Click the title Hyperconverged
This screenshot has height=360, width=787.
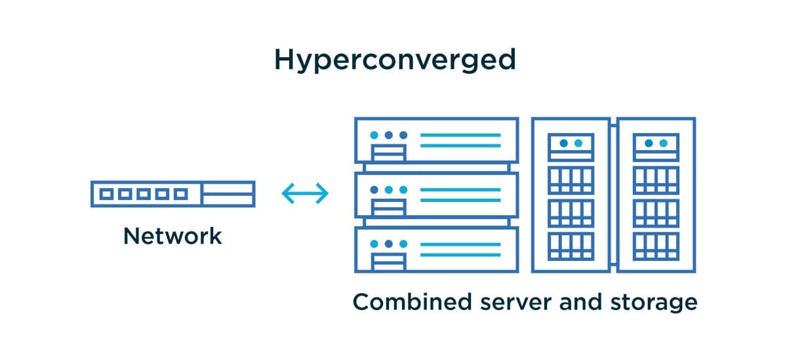pyautogui.click(x=395, y=60)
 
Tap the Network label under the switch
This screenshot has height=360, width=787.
pyautogui.click(x=172, y=236)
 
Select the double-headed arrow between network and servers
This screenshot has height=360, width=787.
pyautogui.click(x=304, y=193)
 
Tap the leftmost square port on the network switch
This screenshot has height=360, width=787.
pyautogui.click(x=106, y=194)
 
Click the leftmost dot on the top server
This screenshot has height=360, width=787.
pyautogui.click(x=374, y=135)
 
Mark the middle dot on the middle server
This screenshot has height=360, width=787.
pyautogui.click(x=389, y=190)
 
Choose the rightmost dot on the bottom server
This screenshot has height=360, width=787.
pyautogui.click(x=403, y=244)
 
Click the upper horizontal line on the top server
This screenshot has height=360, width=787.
pyautogui.click(x=460, y=135)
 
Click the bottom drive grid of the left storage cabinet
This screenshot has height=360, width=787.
pyautogui.click(x=571, y=245)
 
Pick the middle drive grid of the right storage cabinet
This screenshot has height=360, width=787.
pyautogui.click(x=656, y=212)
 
